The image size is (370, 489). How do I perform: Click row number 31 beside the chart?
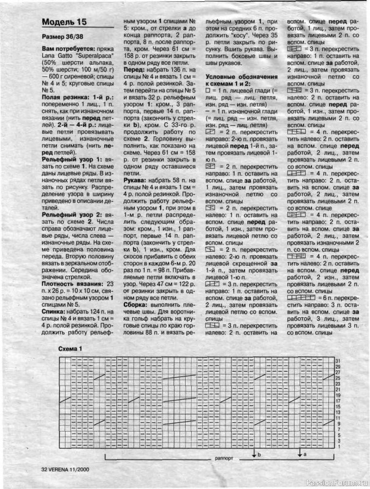point(337,361)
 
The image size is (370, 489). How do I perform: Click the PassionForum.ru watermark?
point(338,481)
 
